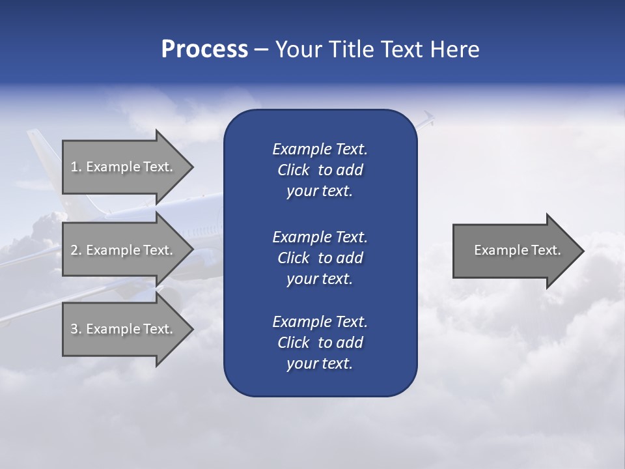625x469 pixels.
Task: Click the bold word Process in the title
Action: pos(204,50)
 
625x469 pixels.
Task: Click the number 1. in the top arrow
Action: pos(76,167)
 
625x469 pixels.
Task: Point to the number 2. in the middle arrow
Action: pos(76,250)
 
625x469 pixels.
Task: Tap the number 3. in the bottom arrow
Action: pos(76,329)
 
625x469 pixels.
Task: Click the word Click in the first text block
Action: pos(294,170)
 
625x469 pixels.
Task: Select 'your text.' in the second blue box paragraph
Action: pos(320,279)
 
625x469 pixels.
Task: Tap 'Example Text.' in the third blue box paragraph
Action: pos(320,322)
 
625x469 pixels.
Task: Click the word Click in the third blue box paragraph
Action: pos(294,343)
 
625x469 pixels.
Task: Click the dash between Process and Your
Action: pos(261,50)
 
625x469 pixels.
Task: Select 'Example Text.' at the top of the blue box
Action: pos(320,149)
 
